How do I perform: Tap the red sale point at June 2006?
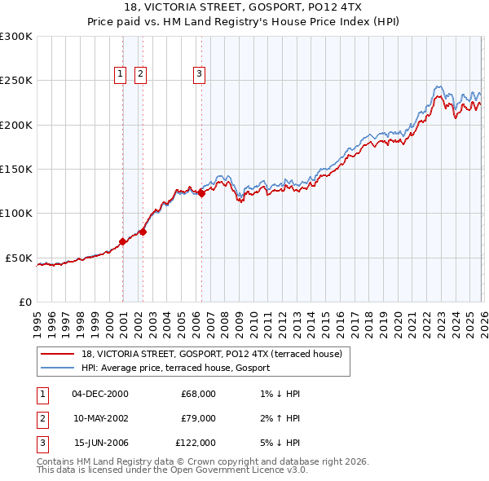201,193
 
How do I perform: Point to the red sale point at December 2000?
122,241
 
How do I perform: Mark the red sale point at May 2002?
143,232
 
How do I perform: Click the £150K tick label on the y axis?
16,170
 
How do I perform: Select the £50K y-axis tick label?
19,258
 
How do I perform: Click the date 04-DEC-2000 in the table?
100,394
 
